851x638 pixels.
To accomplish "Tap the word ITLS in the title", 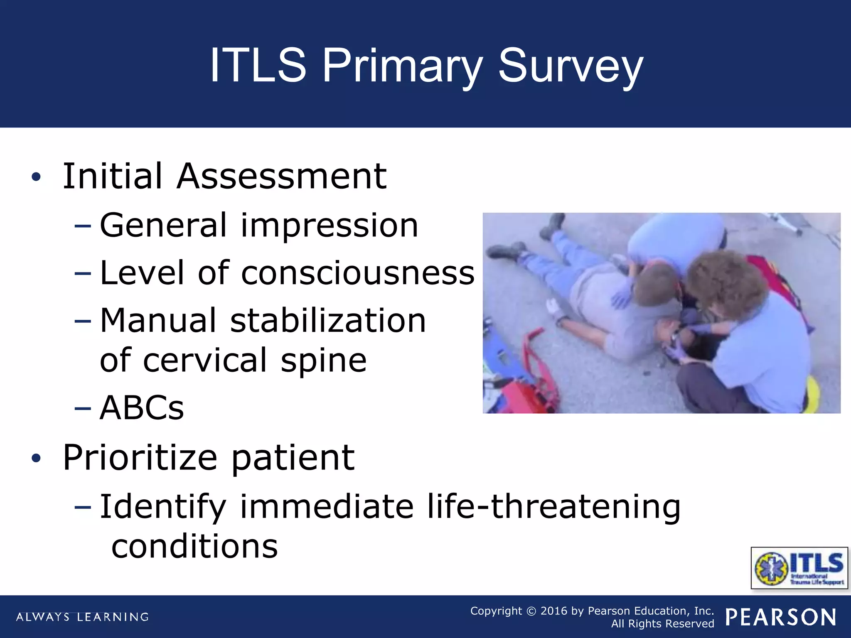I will pos(258,66).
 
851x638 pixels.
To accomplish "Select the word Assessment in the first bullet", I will pos(281,177).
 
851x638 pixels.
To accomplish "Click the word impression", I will pos(329,226).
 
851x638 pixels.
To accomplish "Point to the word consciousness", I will pos(357,273).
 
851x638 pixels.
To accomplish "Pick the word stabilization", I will pos(328,321).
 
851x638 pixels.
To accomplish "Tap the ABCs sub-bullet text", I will pos(142,408).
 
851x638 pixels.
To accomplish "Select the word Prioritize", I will pos(140,458).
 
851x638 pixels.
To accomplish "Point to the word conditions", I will pos(194,546).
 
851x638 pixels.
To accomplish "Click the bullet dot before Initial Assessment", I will pos(37,177).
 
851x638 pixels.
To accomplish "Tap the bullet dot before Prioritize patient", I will pos(37,459).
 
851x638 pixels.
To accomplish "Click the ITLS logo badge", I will pos(799,568).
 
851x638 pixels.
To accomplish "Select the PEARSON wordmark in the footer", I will pos(781,617).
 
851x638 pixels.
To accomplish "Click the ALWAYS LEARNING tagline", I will pos(82,617).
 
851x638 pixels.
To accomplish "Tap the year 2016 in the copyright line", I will pos(553,611).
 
